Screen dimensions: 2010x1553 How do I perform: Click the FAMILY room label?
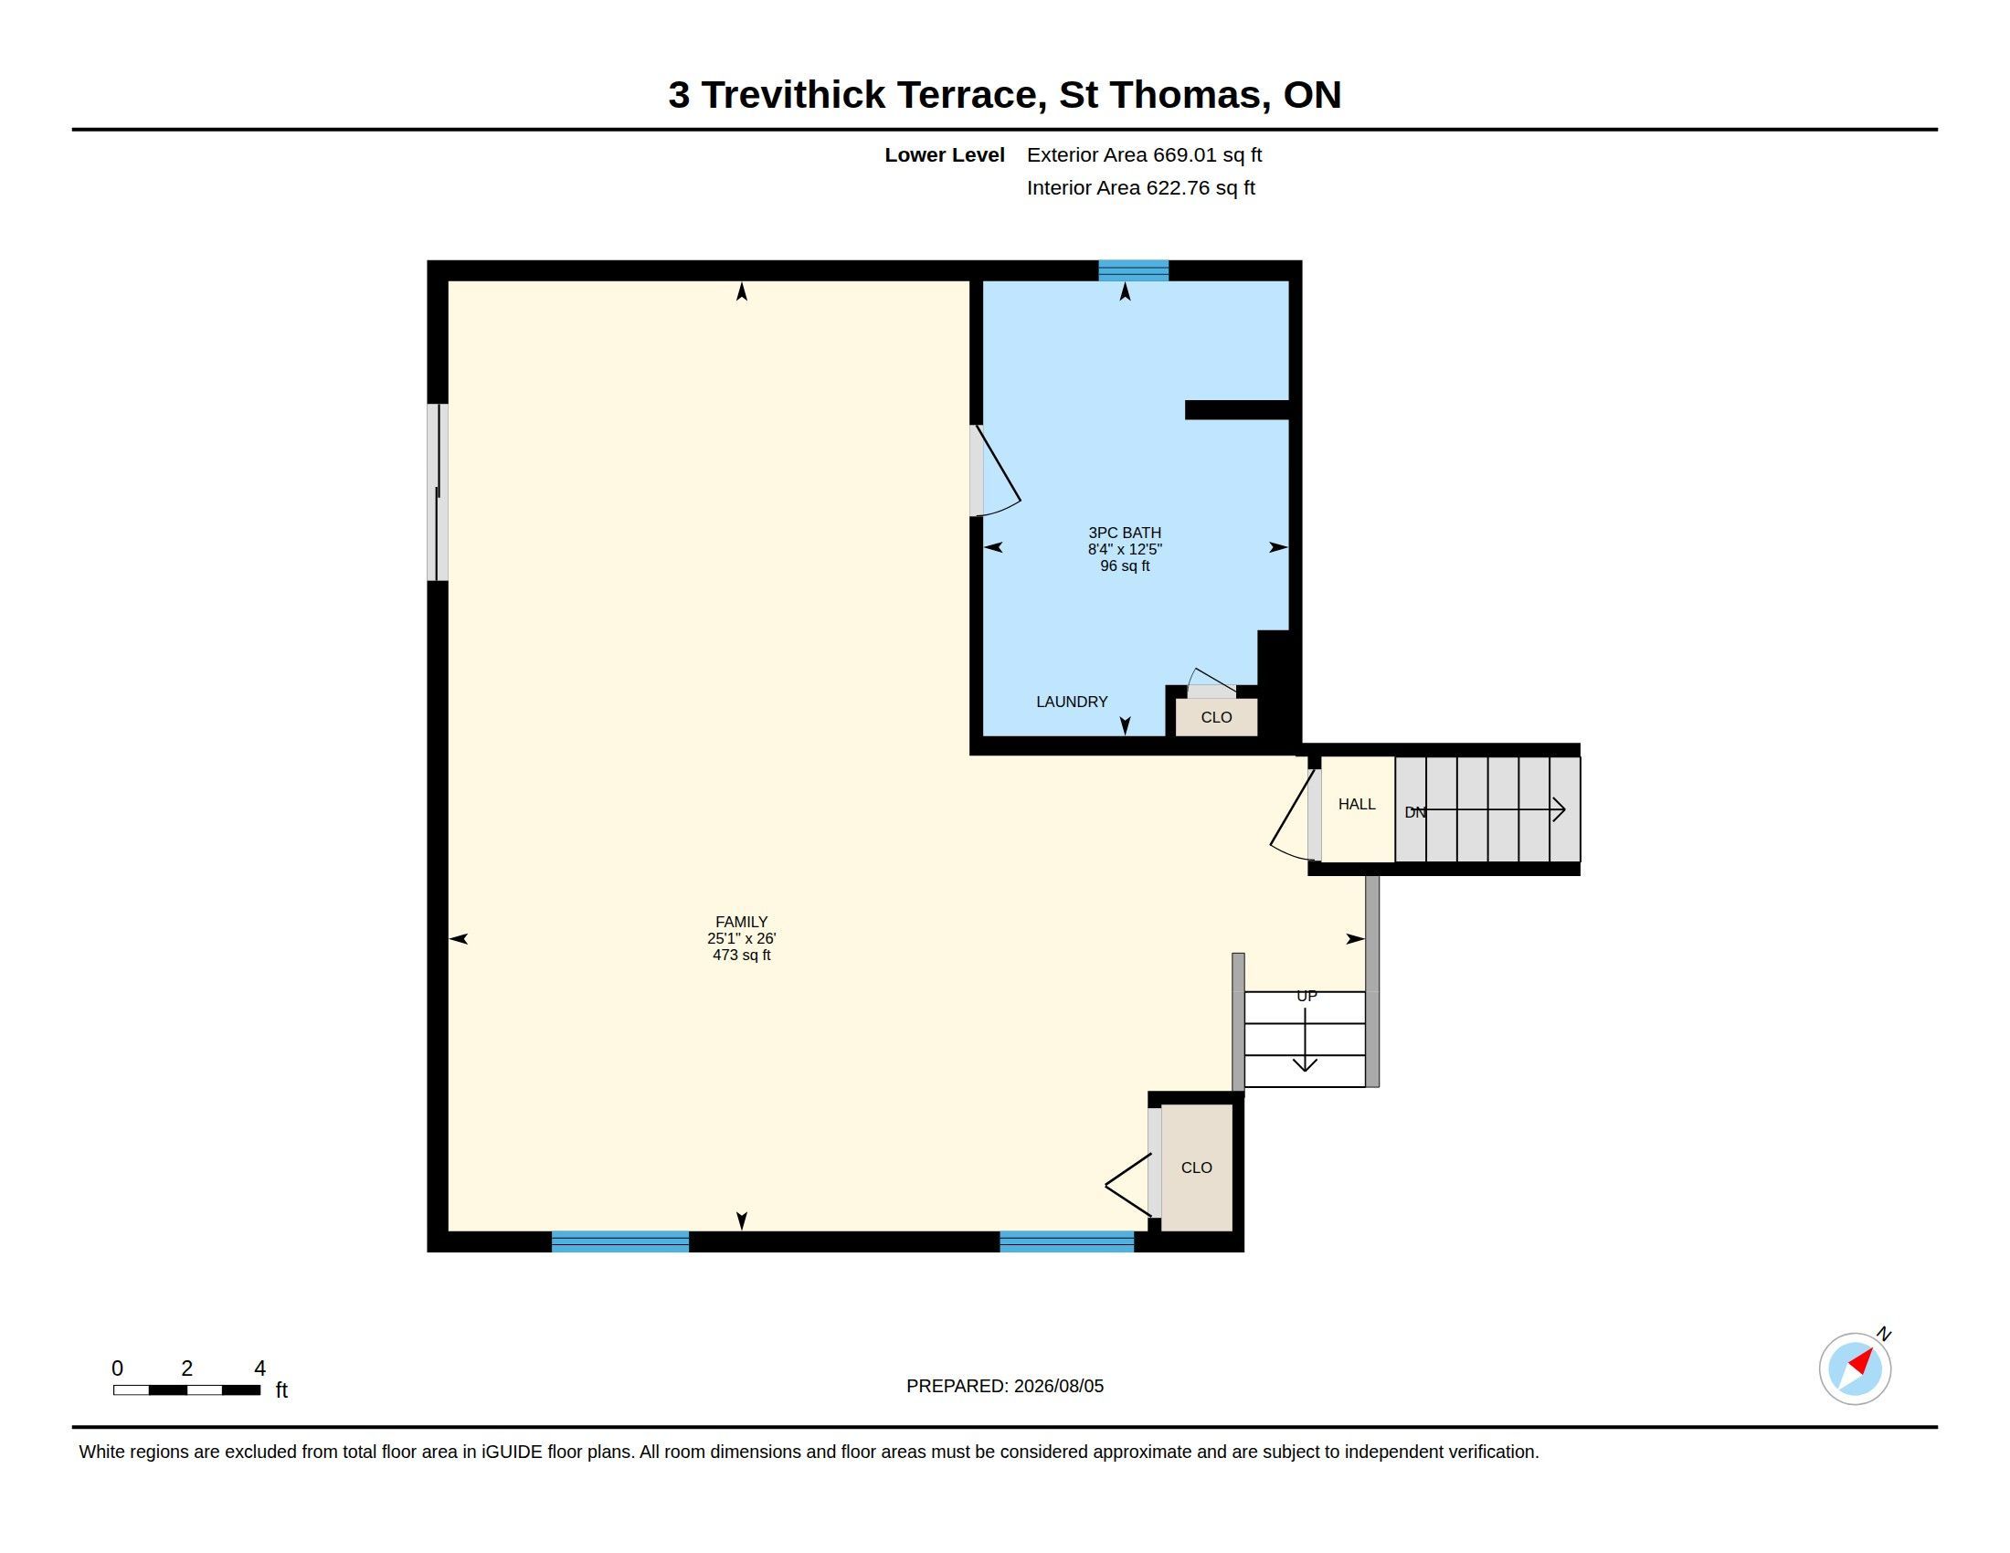[x=741, y=922]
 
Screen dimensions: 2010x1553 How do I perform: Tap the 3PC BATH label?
[x=1125, y=533]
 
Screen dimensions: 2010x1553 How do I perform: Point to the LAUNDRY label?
[x=1072, y=702]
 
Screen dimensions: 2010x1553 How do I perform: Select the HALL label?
[x=1357, y=804]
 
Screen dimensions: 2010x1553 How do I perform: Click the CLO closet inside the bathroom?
[x=1216, y=717]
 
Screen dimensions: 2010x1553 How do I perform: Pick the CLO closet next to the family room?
[x=1197, y=1167]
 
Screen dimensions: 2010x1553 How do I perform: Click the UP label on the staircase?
[x=1306, y=997]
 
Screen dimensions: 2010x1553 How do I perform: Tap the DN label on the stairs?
[x=1414, y=812]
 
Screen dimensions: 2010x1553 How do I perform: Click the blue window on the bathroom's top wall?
[x=1133, y=270]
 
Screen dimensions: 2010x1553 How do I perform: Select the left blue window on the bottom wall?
[x=620, y=1241]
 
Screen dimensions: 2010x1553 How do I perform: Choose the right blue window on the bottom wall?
[x=1066, y=1241]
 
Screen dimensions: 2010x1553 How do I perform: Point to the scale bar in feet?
[x=186, y=1389]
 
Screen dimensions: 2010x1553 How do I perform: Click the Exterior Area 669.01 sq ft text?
[x=1144, y=154]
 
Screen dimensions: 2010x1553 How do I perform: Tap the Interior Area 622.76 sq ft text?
[x=1140, y=187]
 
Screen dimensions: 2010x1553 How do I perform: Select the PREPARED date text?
[x=1005, y=1386]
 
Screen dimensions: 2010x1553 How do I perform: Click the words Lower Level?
[x=945, y=154]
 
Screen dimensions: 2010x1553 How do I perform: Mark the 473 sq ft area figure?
[x=741, y=955]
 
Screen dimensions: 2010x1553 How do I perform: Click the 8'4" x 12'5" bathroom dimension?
[x=1125, y=549]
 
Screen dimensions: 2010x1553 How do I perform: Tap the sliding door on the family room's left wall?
[x=438, y=492]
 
